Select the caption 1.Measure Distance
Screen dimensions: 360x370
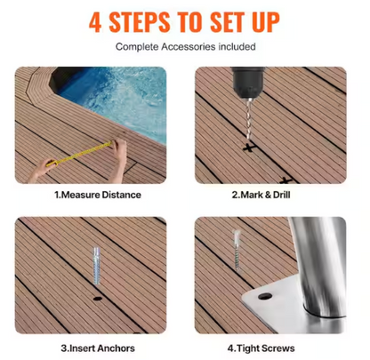click(97, 195)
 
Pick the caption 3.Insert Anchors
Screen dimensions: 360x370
click(97, 348)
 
